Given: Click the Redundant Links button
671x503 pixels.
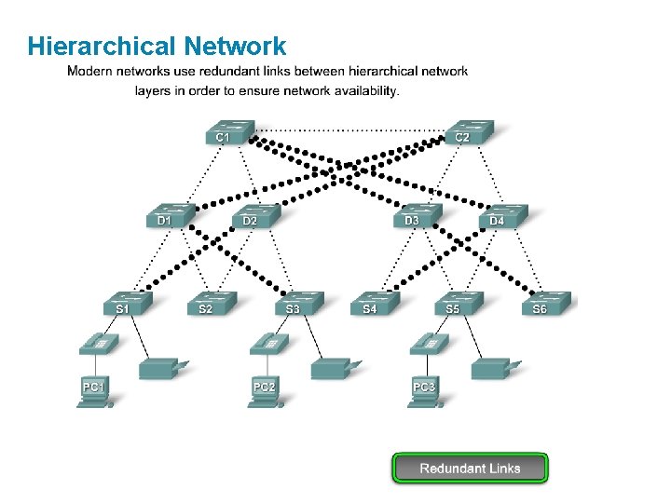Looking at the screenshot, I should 470,468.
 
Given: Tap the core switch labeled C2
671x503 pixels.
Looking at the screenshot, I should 469,132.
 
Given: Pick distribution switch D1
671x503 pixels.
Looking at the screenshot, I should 171,216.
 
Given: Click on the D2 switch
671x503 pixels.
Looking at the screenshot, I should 255,216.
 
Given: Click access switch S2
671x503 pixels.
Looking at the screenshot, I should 212,304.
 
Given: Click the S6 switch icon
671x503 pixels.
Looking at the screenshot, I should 545,304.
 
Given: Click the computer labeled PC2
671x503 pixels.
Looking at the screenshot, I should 266,389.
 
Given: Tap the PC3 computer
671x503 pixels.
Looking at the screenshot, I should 425,389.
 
